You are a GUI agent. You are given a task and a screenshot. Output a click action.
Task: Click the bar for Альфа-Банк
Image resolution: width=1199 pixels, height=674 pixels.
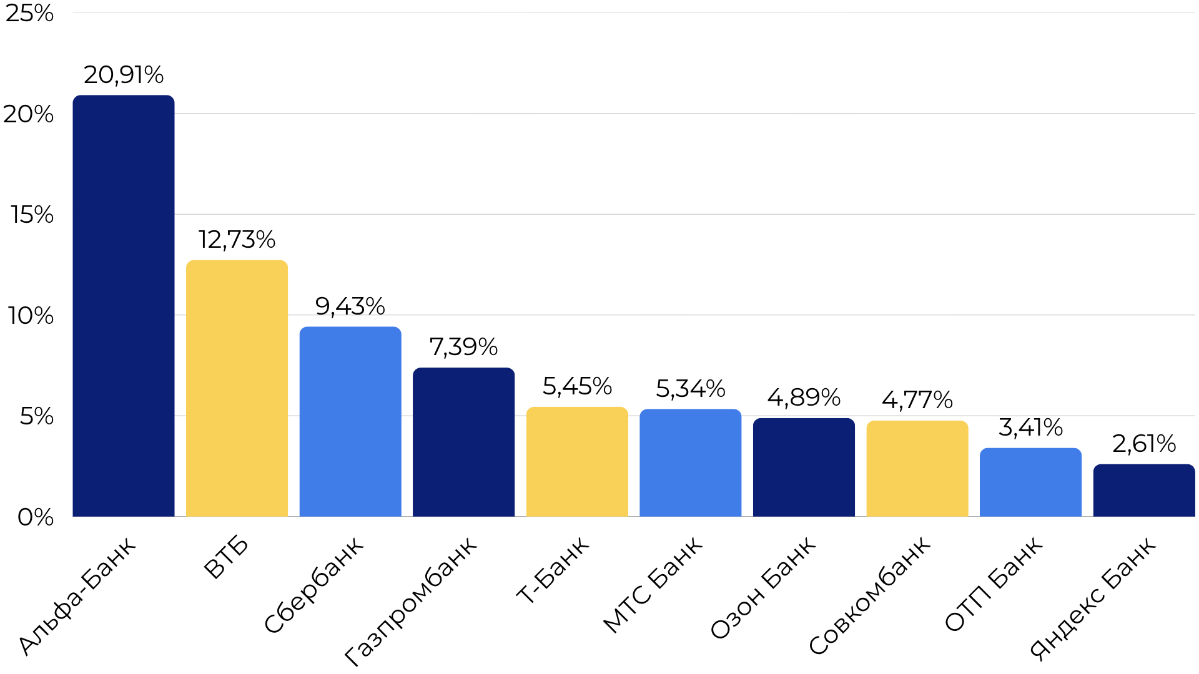coord(124,306)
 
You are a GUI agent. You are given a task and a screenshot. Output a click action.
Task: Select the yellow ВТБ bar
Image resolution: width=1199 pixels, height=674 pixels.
coord(237,388)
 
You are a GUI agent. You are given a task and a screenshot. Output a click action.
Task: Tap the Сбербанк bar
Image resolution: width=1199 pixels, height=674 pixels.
coord(350,421)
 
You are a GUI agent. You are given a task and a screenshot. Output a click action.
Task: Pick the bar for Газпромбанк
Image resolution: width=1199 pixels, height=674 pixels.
coord(463,442)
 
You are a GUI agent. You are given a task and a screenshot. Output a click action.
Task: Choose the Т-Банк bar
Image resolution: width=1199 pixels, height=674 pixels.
coord(577,462)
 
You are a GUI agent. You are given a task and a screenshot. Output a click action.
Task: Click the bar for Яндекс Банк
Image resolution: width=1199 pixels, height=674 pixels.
coord(1143,491)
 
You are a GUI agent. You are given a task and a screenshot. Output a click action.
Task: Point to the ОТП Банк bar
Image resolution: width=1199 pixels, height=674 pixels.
coord(1030,482)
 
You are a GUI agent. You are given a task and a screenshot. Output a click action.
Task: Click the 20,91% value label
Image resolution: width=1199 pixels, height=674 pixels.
coord(124,75)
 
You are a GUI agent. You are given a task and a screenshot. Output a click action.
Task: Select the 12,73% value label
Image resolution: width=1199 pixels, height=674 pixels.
coord(237,240)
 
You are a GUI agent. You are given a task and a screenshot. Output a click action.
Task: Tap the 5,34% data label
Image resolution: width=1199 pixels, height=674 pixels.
coord(690,389)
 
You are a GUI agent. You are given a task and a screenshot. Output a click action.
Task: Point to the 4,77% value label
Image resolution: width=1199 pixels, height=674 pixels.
coord(917,400)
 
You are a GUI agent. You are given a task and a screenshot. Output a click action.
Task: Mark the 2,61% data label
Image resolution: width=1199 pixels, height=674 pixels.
coord(1143,444)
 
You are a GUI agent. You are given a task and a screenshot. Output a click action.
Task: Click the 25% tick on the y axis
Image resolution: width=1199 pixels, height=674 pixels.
coord(29,13)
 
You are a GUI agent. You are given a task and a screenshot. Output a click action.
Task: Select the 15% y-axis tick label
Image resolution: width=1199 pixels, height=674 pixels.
coord(32,215)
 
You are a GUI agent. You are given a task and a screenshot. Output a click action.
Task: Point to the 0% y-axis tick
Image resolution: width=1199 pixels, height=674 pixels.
coord(36,517)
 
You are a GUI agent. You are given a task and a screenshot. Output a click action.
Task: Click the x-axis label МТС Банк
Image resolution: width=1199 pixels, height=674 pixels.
coord(653,585)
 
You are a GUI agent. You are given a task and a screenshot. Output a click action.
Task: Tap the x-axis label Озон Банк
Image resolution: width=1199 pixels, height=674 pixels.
coord(763,587)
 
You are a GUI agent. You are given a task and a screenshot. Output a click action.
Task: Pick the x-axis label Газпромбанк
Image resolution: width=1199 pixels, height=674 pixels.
coord(411,600)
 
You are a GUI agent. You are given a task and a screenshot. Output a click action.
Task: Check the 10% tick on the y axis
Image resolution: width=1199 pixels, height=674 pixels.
coord(31,316)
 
